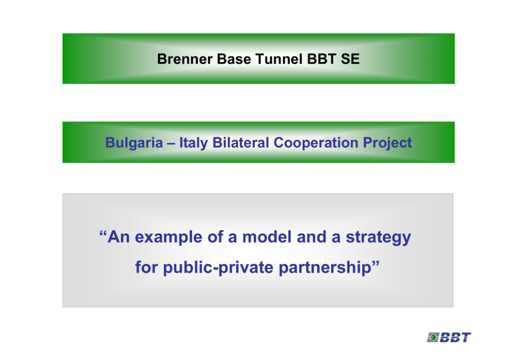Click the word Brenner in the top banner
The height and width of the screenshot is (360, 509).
click(185, 59)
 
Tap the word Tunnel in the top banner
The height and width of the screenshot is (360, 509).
click(279, 59)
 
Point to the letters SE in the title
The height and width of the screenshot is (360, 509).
click(350, 59)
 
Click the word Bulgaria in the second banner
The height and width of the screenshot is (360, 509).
click(134, 143)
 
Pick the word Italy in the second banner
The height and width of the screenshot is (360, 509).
click(193, 143)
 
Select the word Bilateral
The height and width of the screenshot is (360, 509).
click(241, 143)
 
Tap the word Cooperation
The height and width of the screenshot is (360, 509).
click(316, 143)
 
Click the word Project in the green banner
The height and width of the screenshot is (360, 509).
click(387, 143)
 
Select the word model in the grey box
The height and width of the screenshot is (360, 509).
click(267, 237)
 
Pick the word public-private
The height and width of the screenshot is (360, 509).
click(218, 268)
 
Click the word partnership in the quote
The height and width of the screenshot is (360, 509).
click(325, 268)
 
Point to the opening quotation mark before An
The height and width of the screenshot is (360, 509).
click(103, 233)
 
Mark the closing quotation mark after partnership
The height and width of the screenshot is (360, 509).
click(375, 263)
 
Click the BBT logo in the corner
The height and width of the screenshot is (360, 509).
click(449, 337)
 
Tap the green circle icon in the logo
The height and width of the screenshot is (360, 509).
click(433, 337)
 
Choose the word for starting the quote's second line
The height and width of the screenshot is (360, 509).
click(147, 267)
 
